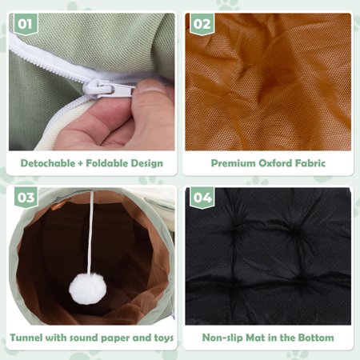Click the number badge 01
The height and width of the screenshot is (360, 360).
(26, 24)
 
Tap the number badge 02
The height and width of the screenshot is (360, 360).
(202, 24)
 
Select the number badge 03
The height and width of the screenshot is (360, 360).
(26, 198)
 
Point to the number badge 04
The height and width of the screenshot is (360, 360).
(202, 198)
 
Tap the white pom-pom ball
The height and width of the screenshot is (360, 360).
(87, 289)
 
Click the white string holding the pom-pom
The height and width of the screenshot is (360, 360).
(91, 233)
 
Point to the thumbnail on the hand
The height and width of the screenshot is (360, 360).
(150, 87)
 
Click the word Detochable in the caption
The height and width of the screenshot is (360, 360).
(48, 163)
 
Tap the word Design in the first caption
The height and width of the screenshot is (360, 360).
(146, 164)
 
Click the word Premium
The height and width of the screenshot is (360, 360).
(233, 163)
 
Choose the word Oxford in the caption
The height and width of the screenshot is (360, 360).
(275, 163)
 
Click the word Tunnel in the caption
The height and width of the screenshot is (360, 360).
(26, 338)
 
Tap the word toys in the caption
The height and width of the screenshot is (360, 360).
(164, 338)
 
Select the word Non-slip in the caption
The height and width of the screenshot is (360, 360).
(222, 338)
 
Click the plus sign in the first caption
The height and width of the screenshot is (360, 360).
(81, 163)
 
